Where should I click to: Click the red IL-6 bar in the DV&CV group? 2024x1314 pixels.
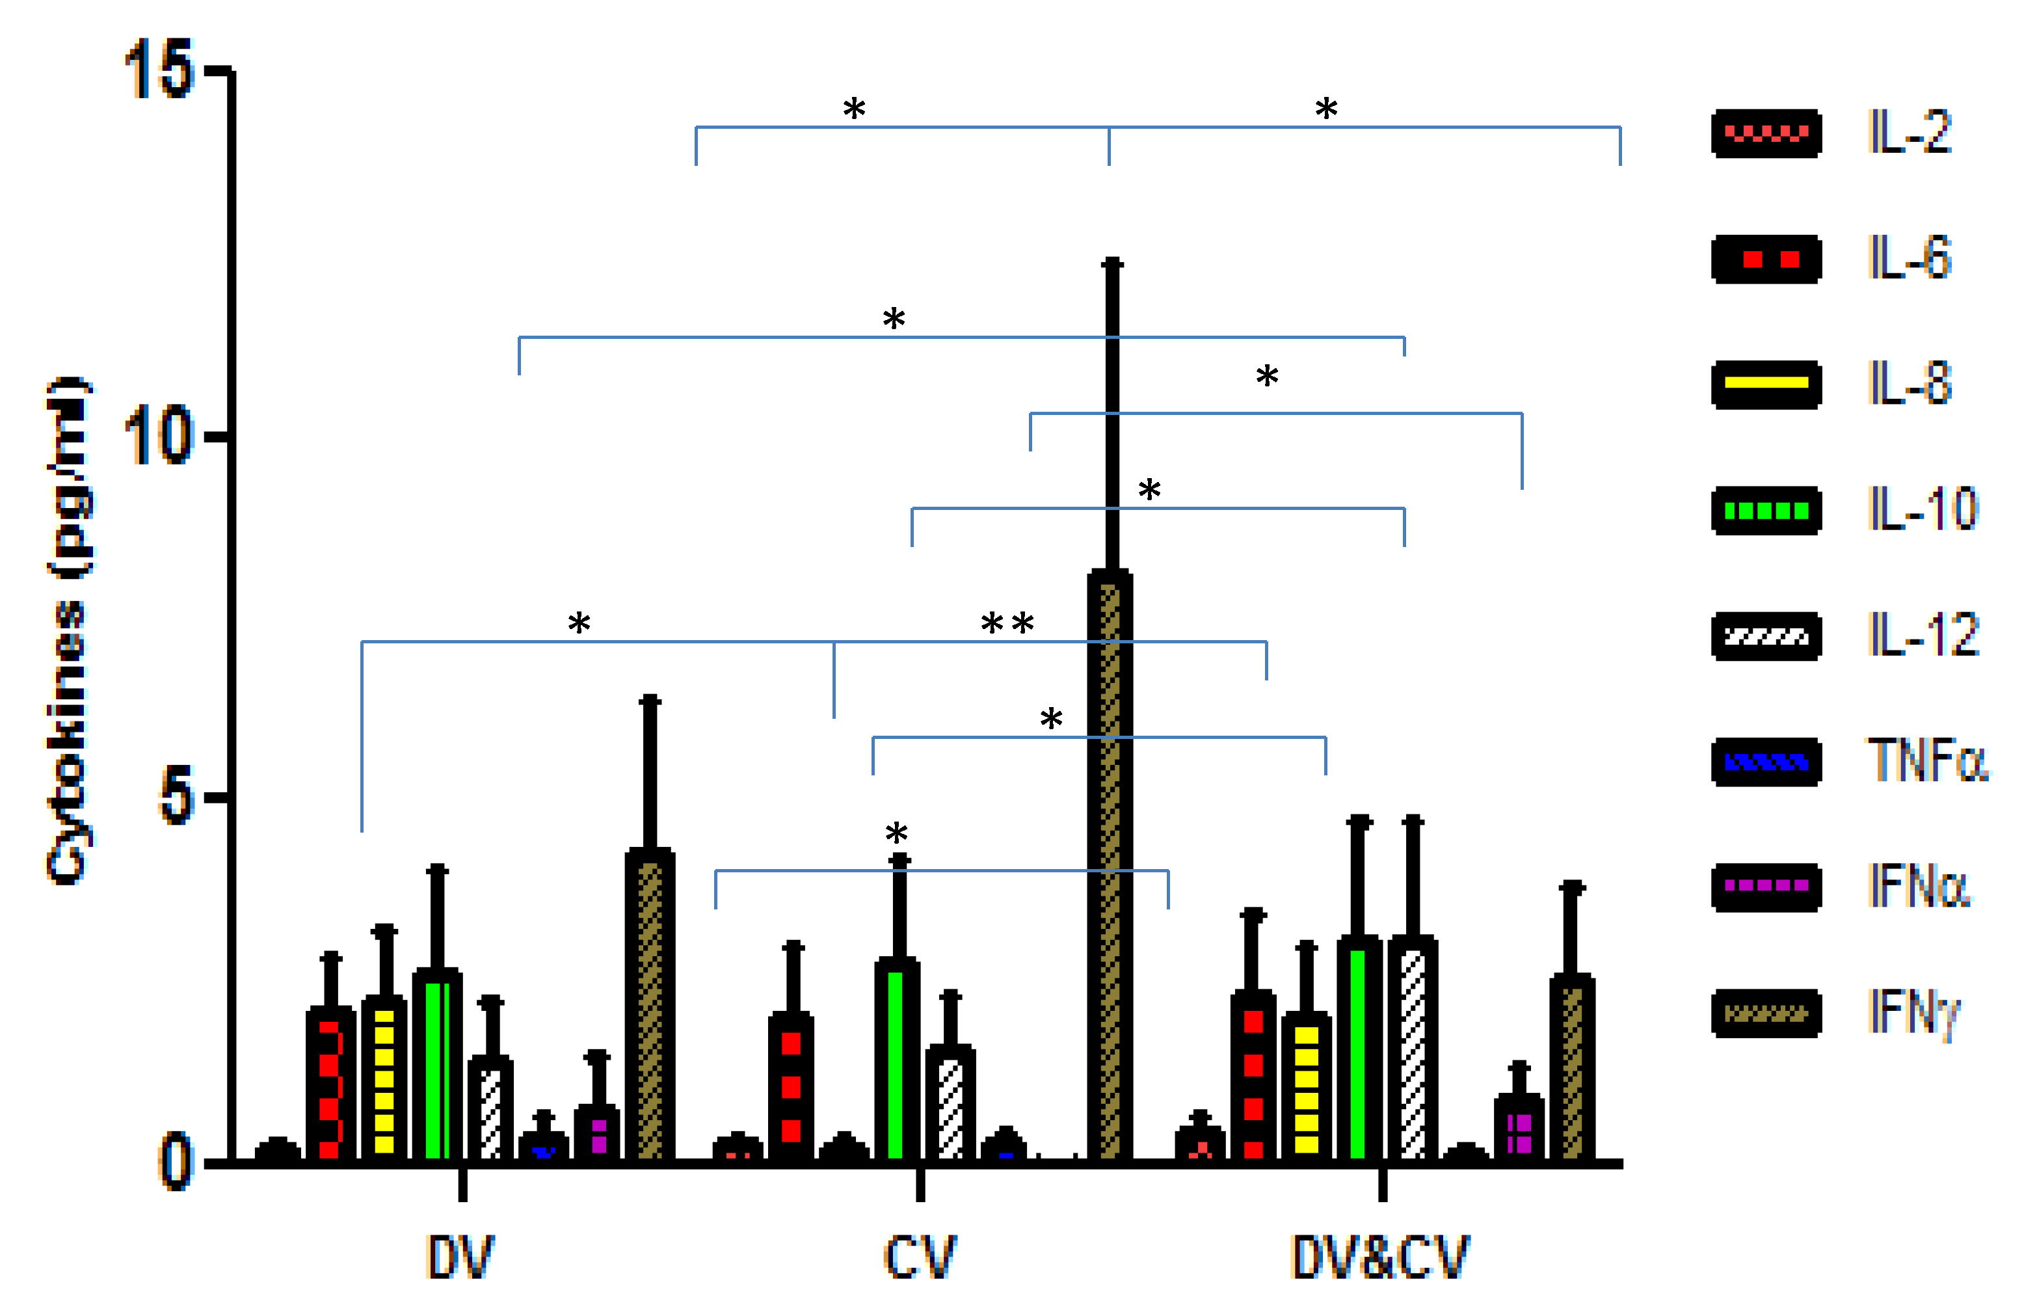pos(1253,1076)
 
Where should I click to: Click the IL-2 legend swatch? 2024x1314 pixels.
pos(1766,133)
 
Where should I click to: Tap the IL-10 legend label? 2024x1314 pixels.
pos(1923,509)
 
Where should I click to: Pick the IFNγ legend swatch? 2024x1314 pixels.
pos(1766,1013)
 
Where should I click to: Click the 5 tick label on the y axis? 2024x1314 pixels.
pos(176,798)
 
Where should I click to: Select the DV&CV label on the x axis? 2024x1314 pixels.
pos(1379,1257)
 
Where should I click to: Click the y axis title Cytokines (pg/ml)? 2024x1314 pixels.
pos(70,630)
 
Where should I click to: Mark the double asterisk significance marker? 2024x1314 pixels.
pos(1007,623)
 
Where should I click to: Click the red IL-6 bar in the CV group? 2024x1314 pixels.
pos(791,1087)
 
